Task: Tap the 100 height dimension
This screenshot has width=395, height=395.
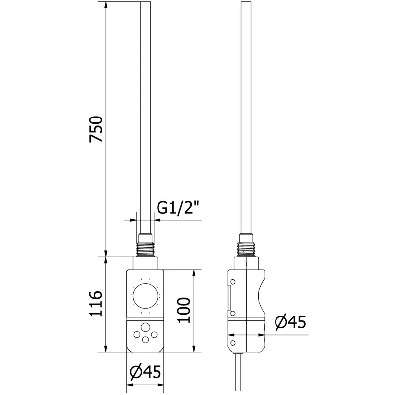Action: (x=184, y=310)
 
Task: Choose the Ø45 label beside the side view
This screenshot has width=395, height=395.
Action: (x=289, y=322)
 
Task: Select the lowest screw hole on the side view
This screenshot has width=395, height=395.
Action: (x=232, y=341)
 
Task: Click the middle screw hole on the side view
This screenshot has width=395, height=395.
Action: (x=232, y=313)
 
